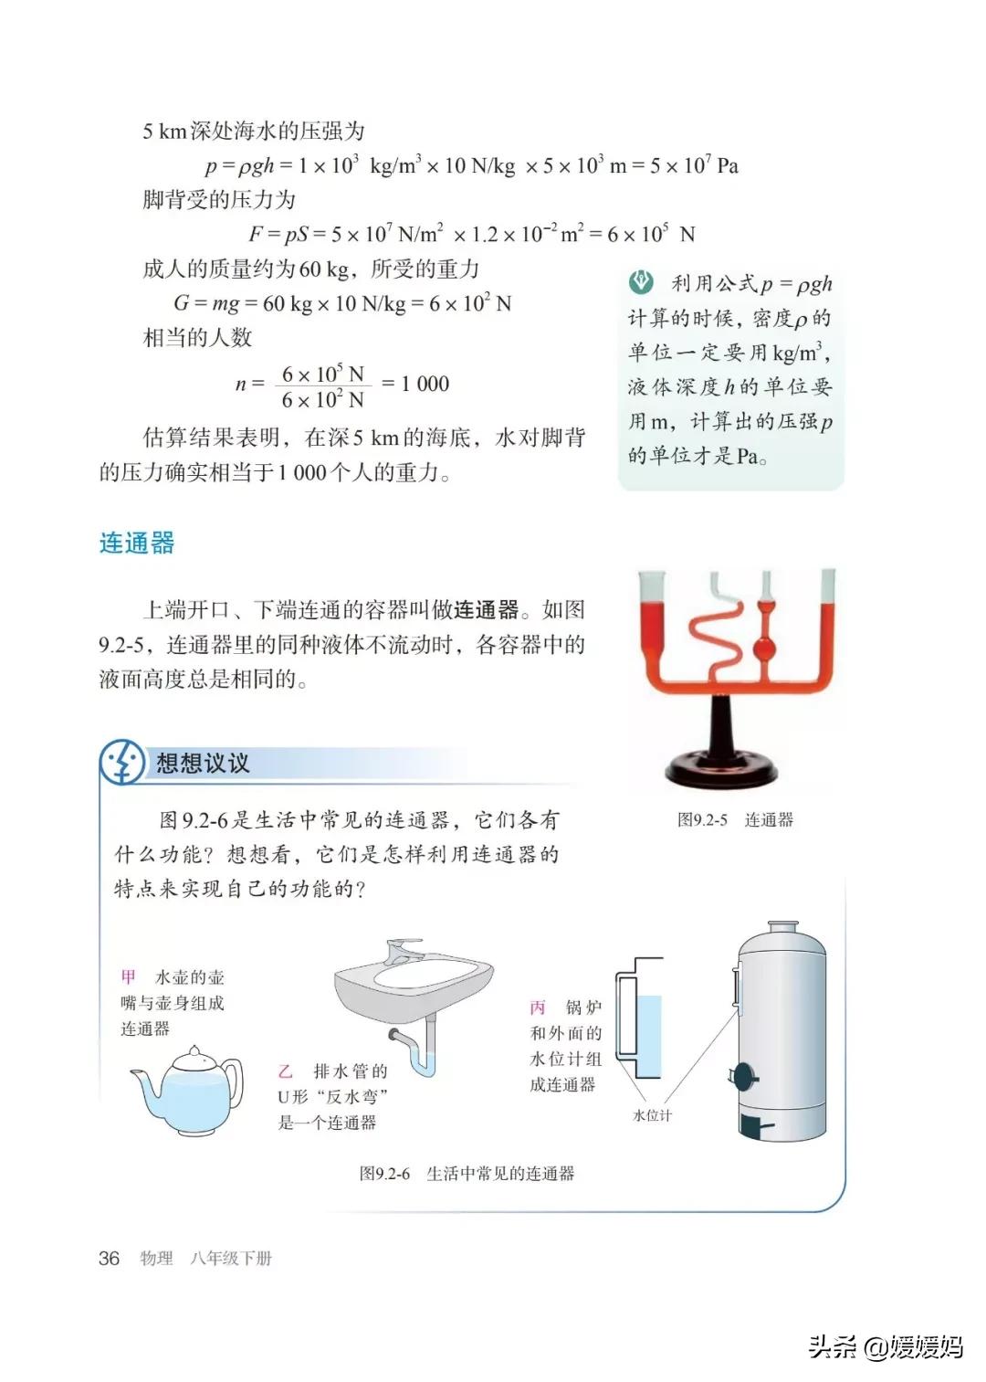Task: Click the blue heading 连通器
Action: tap(137, 543)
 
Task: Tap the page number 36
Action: tap(109, 1258)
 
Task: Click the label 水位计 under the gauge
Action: tap(652, 1115)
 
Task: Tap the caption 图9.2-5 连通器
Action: tap(735, 820)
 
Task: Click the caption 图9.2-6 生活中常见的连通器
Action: tap(467, 1174)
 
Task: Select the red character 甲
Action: tap(129, 976)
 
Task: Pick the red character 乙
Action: tap(286, 1071)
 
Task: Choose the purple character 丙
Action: tap(538, 1007)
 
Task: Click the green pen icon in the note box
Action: tap(642, 282)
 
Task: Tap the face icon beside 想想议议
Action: tap(122, 763)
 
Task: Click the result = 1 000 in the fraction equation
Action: tap(415, 384)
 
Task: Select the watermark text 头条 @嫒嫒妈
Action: tap(886, 1345)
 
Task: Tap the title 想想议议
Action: tap(203, 763)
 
